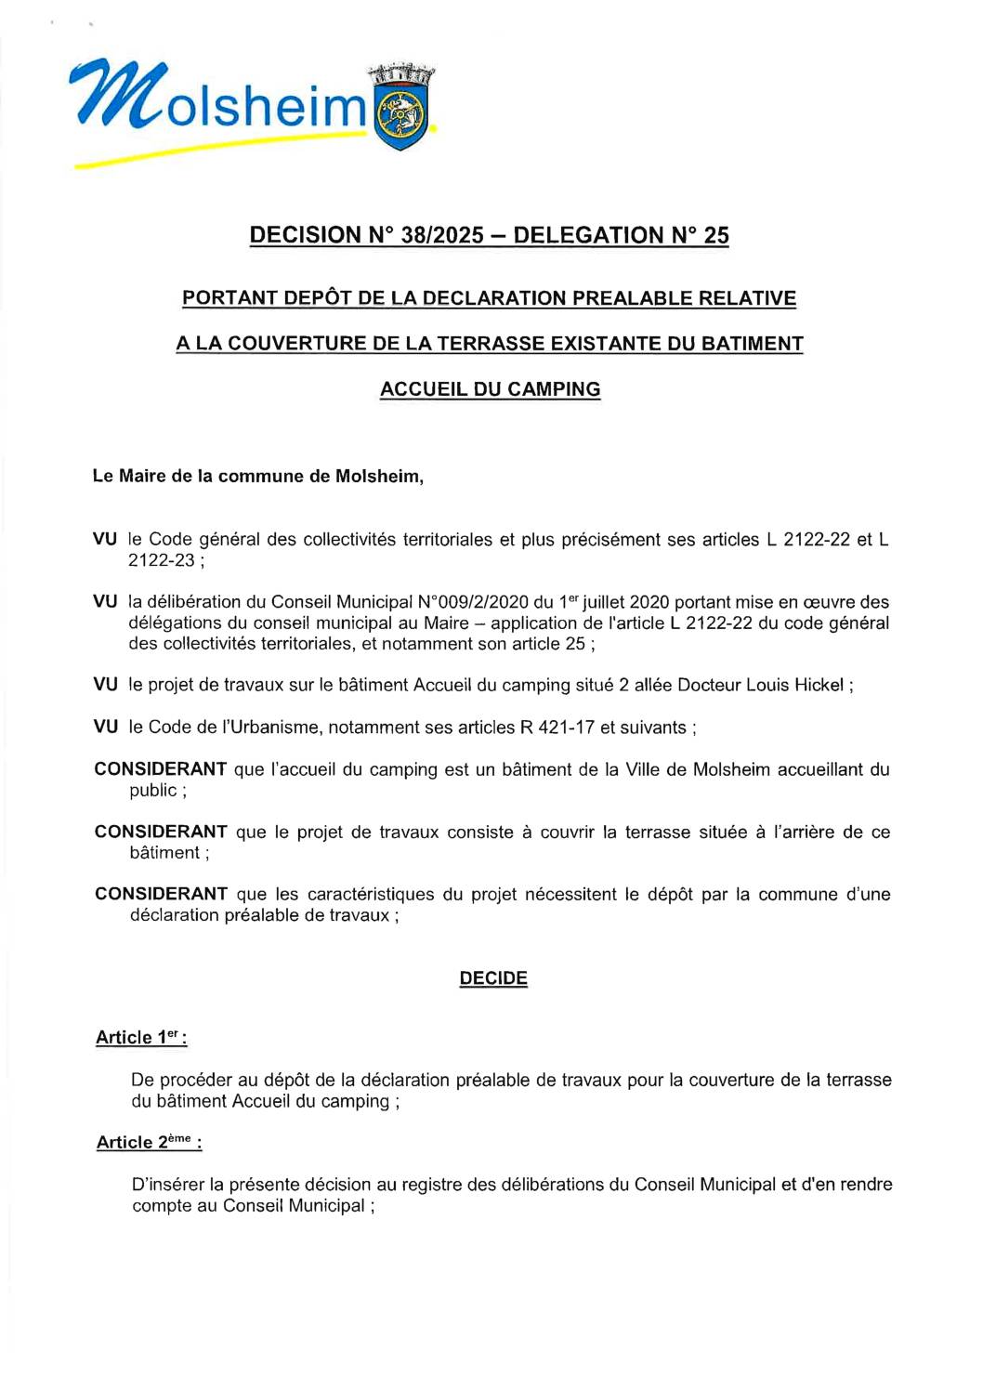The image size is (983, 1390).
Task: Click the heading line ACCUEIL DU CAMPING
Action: tap(490, 389)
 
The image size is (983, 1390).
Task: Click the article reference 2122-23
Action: tap(162, 560)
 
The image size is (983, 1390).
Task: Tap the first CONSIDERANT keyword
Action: tap(161, 769)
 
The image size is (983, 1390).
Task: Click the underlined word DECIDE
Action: tap(493, 978)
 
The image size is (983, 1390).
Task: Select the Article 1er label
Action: tap(140, 1038)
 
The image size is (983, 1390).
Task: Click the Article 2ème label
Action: tap(148, 1143)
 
